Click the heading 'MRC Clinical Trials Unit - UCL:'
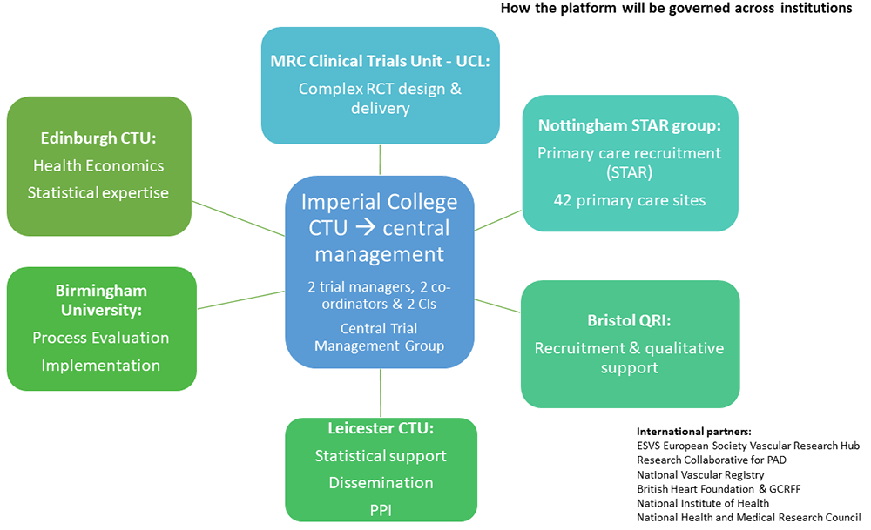click(x=380, y=61)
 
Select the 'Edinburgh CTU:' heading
click(x=98, y=138)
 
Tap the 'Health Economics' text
click(x=98, y=165)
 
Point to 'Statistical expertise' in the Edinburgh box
click(x=98, y=192)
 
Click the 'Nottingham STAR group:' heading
click(x=630, y=126)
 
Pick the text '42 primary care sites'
click(x=630, y=200)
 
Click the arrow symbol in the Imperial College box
click(x=365, y=227)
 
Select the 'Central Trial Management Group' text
click(x=380, y=337)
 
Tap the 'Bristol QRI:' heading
click(x=630, y=320)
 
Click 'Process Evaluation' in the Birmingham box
click(x=100, y=338)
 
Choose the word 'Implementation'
click(x=100, y=366)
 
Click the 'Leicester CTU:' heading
click(x=381, y=428)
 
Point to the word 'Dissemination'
click(x=381, y=483)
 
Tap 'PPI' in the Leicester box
click(x=381, y=510)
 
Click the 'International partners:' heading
click(x=694, y=431)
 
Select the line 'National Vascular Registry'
click(x=700, y=474)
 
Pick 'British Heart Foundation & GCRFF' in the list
click(x=719, y=489)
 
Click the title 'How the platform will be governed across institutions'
click(x=676, y=9)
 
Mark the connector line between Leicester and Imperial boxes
click(x=381, y=392)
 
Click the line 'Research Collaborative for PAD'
click(x=712, y=460)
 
